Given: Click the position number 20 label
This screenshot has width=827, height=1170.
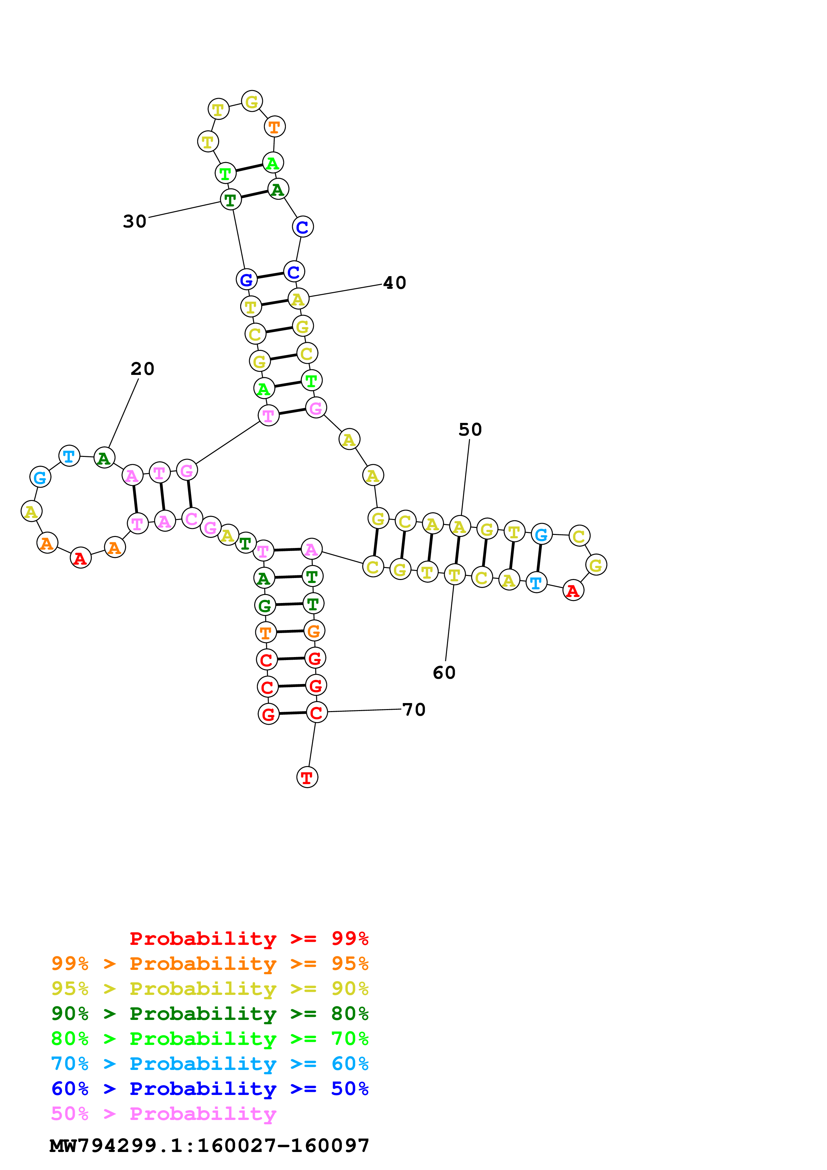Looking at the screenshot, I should coord(142,369).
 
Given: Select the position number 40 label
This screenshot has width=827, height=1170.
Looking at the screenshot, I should coord(394,283).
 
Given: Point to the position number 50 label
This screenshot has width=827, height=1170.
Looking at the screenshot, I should coord(470,430).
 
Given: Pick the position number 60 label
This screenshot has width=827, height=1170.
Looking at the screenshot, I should coord(444,673).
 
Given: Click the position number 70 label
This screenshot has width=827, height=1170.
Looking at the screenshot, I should coord(414,709).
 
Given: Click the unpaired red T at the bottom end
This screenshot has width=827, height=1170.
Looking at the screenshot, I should coord(307,777).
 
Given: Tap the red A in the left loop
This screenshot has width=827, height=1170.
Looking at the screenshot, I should coord(80,558).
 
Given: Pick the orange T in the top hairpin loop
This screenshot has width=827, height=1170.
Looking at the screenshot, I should coord(274,126).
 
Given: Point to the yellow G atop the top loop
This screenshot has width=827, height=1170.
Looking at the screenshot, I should coord(252,101).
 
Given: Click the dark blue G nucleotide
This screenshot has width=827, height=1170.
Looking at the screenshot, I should coord(247,279).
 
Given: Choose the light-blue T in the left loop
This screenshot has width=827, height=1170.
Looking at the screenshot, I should coord(69,456).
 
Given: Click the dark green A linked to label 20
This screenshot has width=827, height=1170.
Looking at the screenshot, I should coord(104,458).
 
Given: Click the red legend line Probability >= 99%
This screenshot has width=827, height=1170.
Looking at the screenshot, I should coord(249,939).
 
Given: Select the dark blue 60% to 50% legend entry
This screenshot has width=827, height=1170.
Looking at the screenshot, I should coord(210,1089).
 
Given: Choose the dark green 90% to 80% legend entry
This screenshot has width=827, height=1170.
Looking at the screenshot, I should coord(210,1014).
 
